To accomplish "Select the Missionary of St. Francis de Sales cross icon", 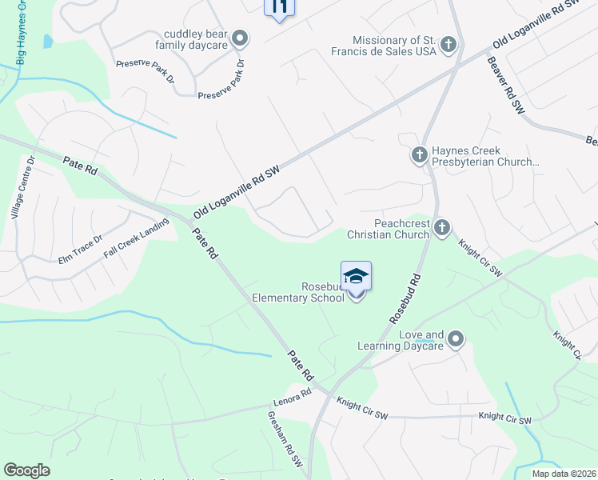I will click(448, 45).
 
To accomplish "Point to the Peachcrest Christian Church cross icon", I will click(441, 230).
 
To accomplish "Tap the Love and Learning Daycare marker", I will click(456, 339).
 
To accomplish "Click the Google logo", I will click(26, 470).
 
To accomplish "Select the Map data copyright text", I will click(564, 474).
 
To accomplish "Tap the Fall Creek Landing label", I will click(137, 238).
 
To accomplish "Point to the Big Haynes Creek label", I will click(22, 32).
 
